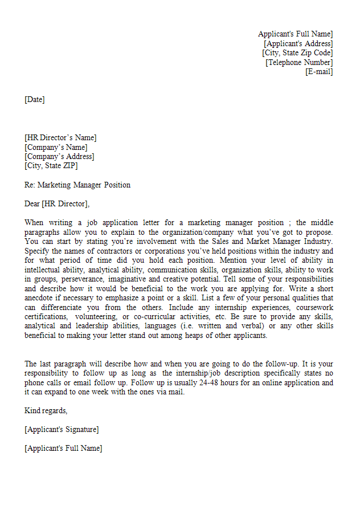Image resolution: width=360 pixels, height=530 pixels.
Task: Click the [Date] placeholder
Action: click(34, 100)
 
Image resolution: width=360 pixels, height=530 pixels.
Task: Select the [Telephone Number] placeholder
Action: click(299, 62)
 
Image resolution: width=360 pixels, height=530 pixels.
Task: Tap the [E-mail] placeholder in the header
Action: click(319, 72)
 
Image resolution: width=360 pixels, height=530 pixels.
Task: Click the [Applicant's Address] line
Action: click(298, 43)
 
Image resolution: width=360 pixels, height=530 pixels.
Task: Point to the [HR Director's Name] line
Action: click(60, 137)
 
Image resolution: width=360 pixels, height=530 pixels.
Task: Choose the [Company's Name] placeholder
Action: click(56, 147)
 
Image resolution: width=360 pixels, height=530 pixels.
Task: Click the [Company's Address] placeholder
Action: click(59, 156)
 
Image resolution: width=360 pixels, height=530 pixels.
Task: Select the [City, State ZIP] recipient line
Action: click(51, 166)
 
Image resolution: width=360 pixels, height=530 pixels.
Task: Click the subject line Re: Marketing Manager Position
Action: click(77, 185)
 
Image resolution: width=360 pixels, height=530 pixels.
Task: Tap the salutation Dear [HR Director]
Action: click(57, 203)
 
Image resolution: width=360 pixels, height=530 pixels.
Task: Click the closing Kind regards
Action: click(46, 410)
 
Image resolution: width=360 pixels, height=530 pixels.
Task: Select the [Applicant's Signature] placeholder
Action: click(62, 429)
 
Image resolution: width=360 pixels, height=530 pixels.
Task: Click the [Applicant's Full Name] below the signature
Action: click(63, 448)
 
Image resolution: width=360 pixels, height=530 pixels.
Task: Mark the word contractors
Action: click(107, 251)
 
